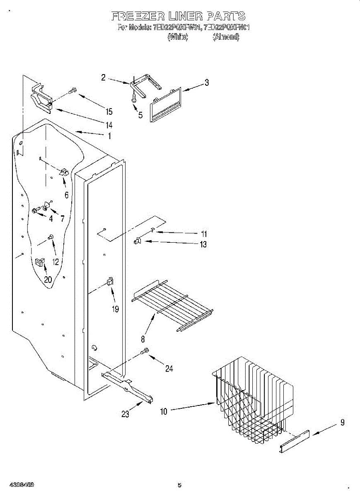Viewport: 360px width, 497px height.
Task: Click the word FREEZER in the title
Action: (x=138, y=17)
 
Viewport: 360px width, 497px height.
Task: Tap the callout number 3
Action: (x=206, y=83)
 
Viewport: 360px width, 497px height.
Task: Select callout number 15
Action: (x=109, y=111)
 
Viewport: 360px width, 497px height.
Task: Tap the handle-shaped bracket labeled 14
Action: (x=41, y=99)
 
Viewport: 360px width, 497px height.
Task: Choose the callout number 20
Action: (x=48, y=280)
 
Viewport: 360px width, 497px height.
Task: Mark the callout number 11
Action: (x=203, y=234)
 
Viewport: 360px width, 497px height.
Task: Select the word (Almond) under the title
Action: (x=226, y=37)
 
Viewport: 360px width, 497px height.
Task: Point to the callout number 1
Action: (x=110, y=136)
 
